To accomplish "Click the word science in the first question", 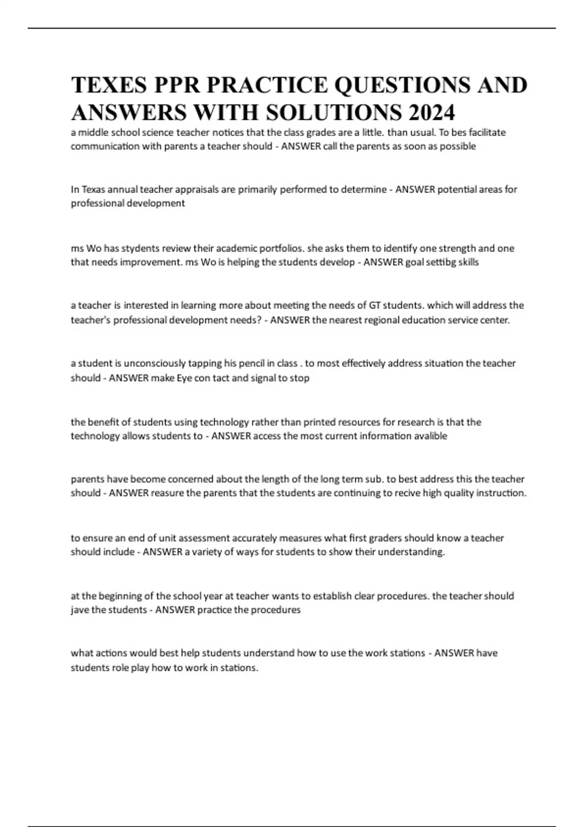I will tap(154, 132).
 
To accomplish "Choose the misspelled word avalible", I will tap(430, 436).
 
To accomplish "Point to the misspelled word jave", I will tap(80, 610).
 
